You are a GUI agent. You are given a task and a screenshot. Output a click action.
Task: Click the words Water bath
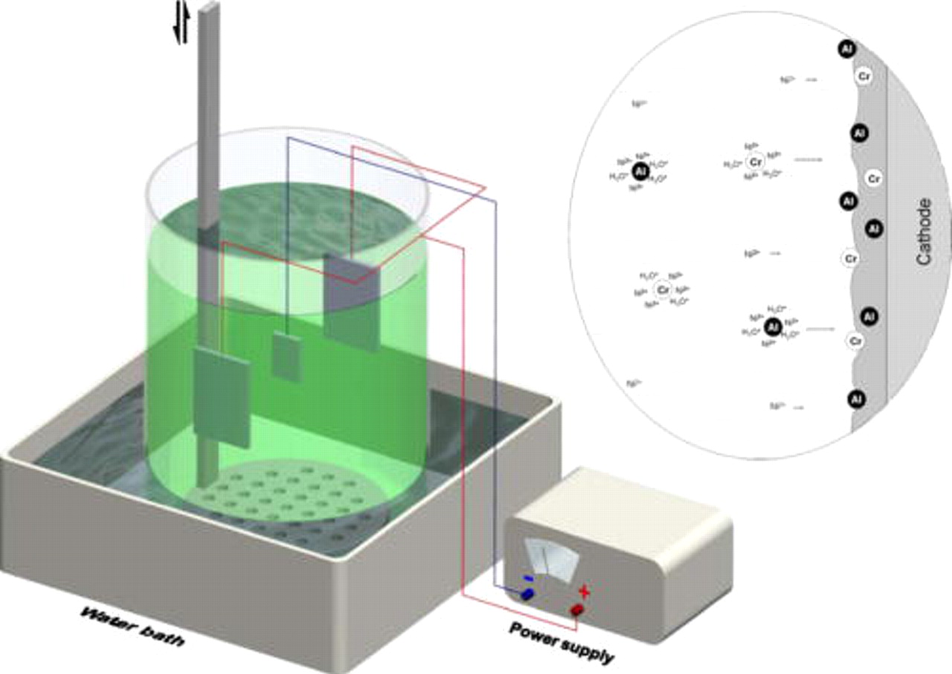click(x=132, y=627)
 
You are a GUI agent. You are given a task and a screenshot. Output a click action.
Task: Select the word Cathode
click(x=924, y=231)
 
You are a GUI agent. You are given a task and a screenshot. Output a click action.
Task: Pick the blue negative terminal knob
click(x=527, y=594)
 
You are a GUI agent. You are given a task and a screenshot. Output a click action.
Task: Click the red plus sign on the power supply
click(x=585, y=592)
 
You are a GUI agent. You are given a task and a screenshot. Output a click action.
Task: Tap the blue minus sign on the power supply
click(x=527, y=577)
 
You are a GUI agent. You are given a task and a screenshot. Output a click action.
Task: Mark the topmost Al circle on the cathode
click(x=846, y=49)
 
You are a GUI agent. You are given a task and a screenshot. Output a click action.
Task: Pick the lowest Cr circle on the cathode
click(x=855, y=341)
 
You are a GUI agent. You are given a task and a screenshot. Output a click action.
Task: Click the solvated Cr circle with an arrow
click(x=756, y=161)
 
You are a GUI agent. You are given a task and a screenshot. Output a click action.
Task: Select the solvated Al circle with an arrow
click(x=773, y=326)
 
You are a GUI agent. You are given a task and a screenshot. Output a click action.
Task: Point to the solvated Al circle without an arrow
click(x=639, y=172)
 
